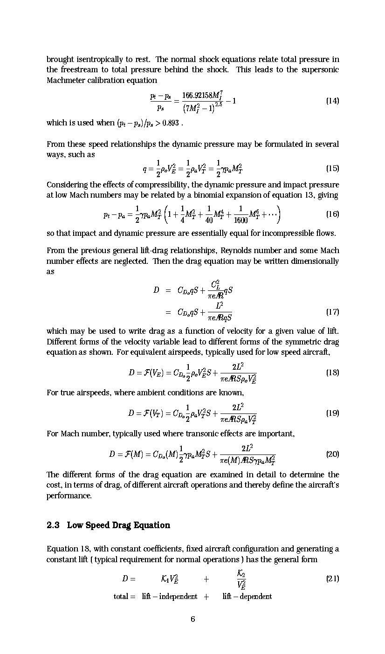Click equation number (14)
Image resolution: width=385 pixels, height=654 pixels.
click(332, 101)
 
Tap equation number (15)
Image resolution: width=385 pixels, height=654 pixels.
click(332, 168)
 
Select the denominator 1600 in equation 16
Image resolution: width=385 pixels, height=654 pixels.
click(240, 220)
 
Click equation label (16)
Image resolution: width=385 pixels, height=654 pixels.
click(332, 214)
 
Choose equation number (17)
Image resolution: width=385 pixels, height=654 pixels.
click(332, 311)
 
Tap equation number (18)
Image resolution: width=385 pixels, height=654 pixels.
click(332, 372)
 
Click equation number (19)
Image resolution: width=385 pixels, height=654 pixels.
click(332, 413)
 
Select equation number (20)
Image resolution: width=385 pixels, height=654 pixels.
click(332, 454)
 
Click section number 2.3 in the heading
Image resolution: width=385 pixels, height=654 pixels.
click(53, 525)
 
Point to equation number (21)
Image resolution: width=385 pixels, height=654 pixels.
click(332, 578)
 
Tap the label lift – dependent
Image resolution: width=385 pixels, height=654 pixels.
click(247, 597)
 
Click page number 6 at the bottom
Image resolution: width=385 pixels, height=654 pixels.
click(192, 619)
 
